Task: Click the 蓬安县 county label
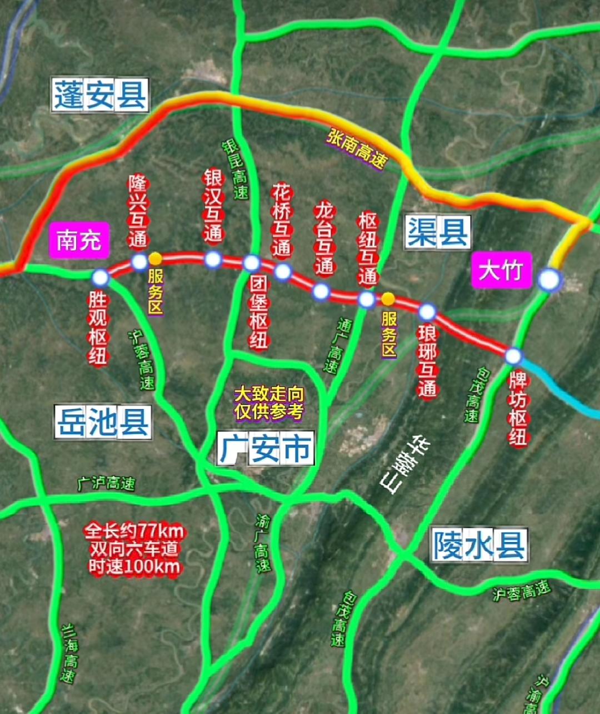(x=101, y=95)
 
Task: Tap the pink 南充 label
(x=79, y=241)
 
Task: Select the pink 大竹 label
(x=501, y=271)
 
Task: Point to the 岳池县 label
(x=103, y=422)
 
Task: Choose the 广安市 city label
(x=266, y=449)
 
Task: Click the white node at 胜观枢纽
(x=101, y=277)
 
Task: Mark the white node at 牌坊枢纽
(x=513, y=356)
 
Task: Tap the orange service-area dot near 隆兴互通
(x=156, y=259)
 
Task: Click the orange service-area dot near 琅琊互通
(x=388, y=299)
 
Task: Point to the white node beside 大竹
(x=549, y=280)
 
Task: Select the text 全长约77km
(x=134, y=531)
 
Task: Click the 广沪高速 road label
(x=106, y=483)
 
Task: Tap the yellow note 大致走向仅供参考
(x=269, y=403)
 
